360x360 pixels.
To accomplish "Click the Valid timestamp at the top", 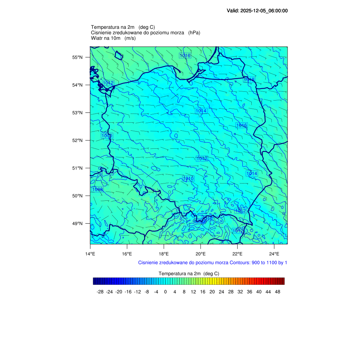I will (257, 11).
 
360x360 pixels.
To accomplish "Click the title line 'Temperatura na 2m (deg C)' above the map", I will (123, 27).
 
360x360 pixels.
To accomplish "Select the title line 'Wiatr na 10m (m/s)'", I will (113, 38).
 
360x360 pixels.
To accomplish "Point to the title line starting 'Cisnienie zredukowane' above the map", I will (146, 33).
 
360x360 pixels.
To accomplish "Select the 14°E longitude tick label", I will (90, 254).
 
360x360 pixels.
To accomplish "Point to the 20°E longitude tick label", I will (201, 254).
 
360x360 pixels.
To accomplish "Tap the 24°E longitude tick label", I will (274, 254).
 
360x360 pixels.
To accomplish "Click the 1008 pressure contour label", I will (97, 189).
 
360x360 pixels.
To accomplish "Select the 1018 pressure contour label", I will (249, 80).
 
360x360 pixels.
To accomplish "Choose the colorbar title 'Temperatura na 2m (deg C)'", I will (189, 274).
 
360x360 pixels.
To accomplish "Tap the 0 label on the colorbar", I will (165, 292).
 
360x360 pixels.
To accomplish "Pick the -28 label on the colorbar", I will (100, 292).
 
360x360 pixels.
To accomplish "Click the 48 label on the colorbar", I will (277, 292).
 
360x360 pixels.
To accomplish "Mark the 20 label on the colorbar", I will (212, 292).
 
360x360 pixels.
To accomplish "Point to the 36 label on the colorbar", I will (249, 292).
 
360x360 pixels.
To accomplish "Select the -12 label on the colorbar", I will (137, 292).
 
